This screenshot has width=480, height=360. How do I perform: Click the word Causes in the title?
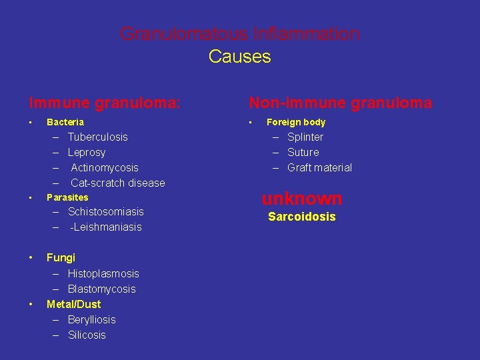(x=239, y=57)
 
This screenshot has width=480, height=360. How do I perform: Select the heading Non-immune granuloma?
(x=340, y=103)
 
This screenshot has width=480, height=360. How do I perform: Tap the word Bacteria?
(x=65, y=122)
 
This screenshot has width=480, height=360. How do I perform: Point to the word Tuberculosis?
(x=97, y=137)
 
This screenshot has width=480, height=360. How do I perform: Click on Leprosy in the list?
(x=87, y=152)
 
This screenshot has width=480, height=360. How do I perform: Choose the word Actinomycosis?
(x=105, y=167)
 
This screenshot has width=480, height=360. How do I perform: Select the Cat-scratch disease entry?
(x=117, y=183)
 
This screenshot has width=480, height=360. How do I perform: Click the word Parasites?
(x=67, y=197)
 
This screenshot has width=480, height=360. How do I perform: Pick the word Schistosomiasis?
(x=105, y=211)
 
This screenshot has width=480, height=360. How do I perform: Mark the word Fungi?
(x=61, y=257)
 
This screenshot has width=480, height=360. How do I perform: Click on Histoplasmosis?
(x=103, y=273)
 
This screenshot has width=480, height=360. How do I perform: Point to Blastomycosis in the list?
(x=101, y=289)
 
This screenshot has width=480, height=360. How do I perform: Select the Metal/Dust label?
(x=73, y=304)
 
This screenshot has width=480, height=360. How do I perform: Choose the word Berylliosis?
(x=91, y=319)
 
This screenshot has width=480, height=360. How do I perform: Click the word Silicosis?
(x=87, y=335)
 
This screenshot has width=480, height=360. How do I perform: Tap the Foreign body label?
(x=296, y=122)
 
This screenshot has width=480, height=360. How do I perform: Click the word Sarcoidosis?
(x=301, y=217)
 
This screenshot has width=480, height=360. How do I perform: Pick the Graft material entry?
(x=319, y=167)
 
